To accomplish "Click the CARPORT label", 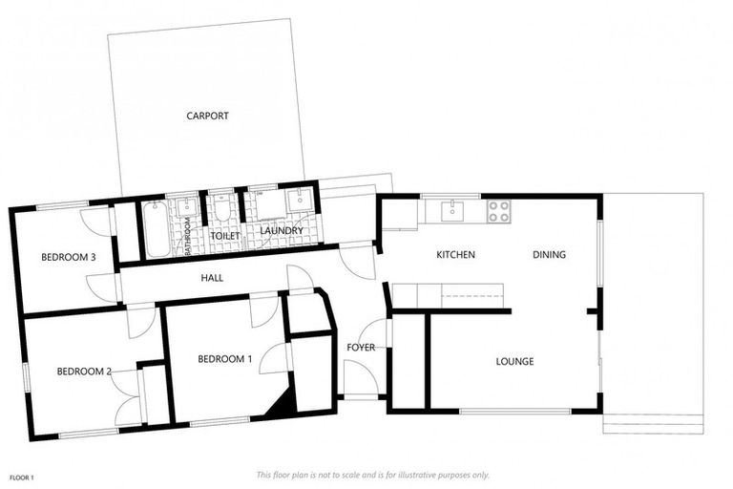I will tap(207, 116).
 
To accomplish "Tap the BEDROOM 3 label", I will tap(68, 257).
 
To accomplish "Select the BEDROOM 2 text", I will tap(84, 372).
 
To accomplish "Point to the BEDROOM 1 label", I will tap(224, 359).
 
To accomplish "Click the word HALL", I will tap(212, 277).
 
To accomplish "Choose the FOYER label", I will tap(360, 347).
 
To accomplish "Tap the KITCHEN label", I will tap(455, 255).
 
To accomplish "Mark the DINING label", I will tap(550, 255).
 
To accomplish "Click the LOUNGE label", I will tap(514, 361).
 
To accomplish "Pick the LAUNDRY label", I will tap(280, 231).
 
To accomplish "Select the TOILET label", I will tap(225, 234).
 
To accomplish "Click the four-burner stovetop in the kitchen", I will tap(499, 211).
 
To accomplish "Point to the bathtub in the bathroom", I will tap(156, 228).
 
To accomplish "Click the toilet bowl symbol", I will tap(221, 209).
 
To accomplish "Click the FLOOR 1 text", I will tap(22, 477).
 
